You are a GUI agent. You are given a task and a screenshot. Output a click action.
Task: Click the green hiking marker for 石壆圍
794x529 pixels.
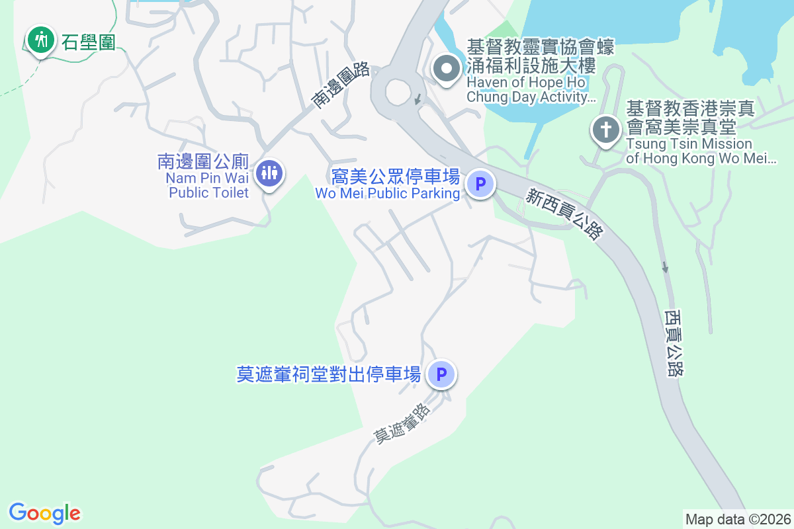tap(41, 40)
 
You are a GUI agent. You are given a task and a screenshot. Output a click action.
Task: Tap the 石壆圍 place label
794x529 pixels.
tap(89, 42)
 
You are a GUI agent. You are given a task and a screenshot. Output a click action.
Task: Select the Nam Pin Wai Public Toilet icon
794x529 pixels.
tap(269, 173)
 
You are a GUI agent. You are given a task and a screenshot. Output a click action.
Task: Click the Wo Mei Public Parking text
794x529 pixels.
tap(388, 184)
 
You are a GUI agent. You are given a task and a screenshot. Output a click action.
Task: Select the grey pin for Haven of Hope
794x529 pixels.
tap(447, 68)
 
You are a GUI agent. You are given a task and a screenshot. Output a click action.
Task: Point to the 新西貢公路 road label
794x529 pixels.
tap(565, 214)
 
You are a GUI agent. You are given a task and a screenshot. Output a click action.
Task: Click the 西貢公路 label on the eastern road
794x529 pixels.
tap(674, 342)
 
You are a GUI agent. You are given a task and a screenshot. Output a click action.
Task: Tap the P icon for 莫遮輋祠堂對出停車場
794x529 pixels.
tap(441, 375)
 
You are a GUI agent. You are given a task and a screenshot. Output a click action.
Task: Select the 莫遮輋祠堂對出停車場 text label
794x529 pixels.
tap(329, 375)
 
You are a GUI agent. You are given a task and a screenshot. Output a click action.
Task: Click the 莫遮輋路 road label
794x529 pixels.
tap(402, 423)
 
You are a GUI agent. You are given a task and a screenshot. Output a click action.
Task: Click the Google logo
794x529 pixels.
tap(45, 513)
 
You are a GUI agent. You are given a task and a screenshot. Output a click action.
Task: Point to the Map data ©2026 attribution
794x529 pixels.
tap(738, 519)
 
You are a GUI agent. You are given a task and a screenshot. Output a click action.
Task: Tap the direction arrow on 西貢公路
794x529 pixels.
tap(665, 266)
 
